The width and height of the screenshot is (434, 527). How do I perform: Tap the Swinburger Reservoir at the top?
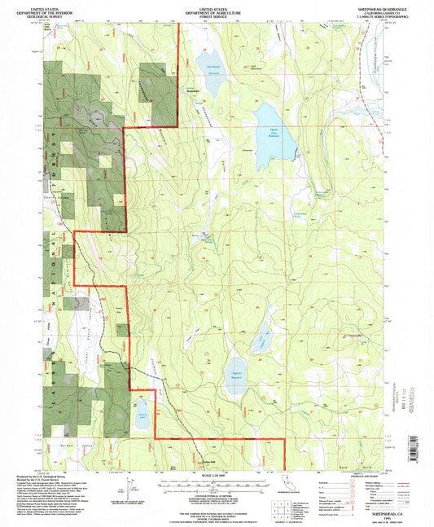pos(209,68)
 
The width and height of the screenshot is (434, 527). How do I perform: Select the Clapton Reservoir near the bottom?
pos(235,376)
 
